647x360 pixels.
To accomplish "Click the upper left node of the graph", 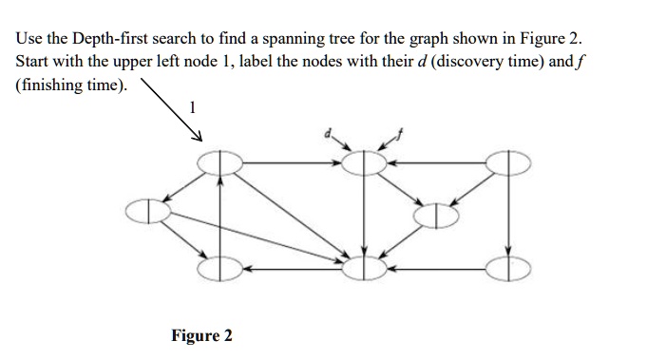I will point(220,163).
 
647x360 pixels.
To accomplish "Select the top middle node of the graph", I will point(361,163).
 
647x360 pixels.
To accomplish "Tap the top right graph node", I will point(509,163).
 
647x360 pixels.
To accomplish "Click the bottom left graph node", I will point(220,269).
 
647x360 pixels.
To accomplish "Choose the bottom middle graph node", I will point(361,269).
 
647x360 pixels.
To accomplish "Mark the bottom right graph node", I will point(509,269).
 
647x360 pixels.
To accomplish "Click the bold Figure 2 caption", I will point(201,336).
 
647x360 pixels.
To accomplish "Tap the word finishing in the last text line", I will point(52,84).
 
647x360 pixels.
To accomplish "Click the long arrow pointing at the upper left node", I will point(171,111).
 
